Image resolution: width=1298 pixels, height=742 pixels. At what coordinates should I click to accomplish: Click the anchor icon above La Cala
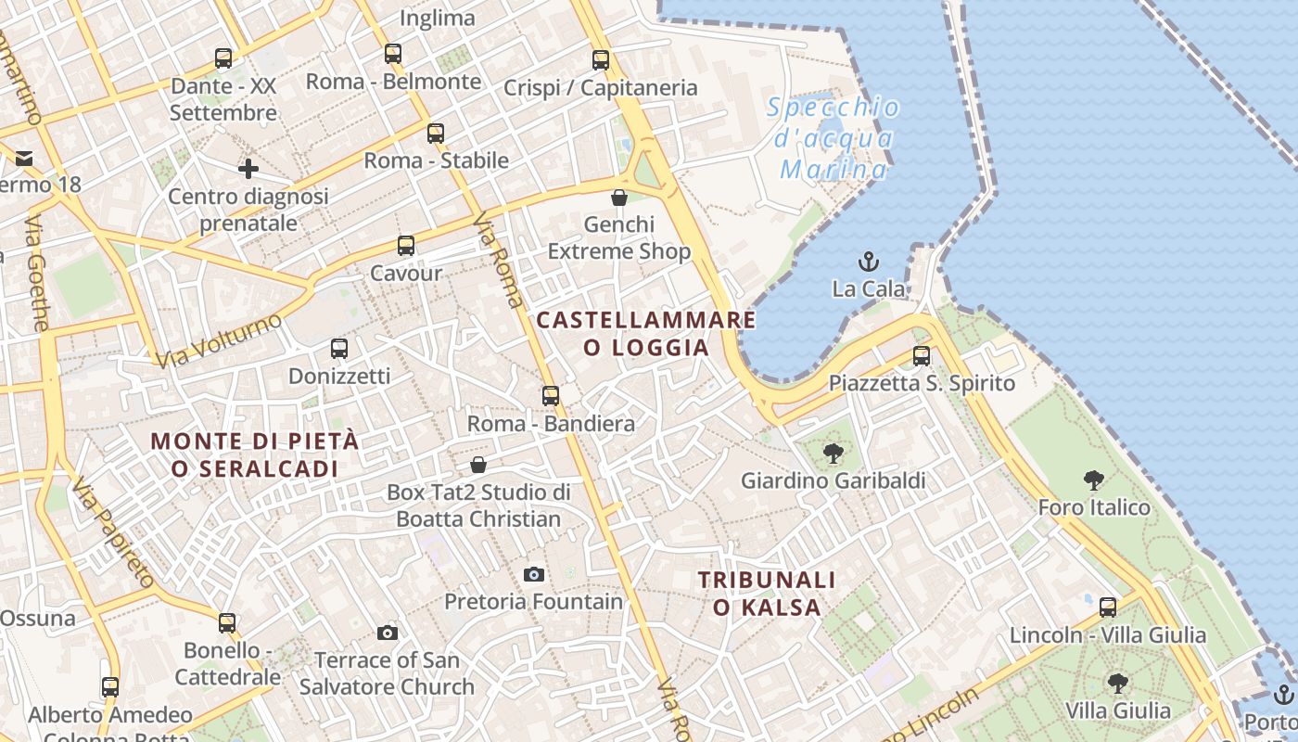[869, 261]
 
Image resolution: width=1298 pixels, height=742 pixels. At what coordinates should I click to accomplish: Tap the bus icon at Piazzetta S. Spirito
[921, 355]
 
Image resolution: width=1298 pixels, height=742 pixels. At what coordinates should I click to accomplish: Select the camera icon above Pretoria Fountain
[533, 574]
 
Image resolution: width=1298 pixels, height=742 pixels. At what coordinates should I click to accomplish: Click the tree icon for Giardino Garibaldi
[833, 454]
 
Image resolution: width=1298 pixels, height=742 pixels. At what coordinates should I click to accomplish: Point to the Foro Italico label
[1094, 507]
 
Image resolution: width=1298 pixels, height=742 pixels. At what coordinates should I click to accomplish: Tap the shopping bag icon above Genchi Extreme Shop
[619, 197]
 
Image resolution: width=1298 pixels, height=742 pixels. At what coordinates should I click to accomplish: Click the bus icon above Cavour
[406, 246]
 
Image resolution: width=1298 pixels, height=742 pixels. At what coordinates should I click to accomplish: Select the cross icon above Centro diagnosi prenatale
[248, 169]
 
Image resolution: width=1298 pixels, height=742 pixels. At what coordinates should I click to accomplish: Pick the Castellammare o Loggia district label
[646, 334]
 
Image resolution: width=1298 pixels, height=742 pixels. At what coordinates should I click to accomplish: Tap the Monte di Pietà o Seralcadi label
[255, 454]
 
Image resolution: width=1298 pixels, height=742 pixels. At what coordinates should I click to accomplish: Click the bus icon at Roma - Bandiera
[551, 396]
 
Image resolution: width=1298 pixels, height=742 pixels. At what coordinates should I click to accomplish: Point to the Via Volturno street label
[219, 340]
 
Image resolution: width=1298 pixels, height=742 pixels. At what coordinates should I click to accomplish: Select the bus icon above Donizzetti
[339, 349]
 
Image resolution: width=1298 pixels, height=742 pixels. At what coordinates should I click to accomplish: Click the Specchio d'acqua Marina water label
[834, 138]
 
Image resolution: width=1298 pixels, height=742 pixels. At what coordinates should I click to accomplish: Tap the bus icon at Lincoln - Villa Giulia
[1108, 608]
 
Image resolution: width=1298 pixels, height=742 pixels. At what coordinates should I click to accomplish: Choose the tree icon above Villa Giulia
[1118, 684]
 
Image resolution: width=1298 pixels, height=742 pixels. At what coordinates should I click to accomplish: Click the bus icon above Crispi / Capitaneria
[601, 60]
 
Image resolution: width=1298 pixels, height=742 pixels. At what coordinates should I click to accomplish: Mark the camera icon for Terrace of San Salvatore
[388, 633]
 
